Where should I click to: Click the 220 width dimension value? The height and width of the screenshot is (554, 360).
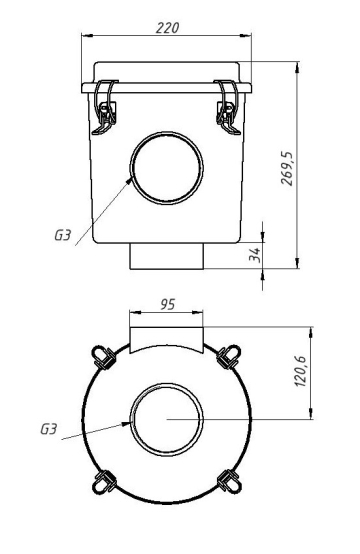(x=167, y=28)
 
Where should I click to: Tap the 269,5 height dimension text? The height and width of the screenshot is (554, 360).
(x=287, y=169)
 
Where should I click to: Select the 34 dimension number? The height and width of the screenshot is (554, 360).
(x=254, y=255)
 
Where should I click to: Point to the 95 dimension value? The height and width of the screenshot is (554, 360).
(x=167, y=304)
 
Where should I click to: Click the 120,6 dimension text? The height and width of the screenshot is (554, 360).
(x=300, y=371)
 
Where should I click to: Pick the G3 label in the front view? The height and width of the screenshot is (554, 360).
(x=63, y=235)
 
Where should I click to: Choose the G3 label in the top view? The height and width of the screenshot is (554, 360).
(x=48, y=429)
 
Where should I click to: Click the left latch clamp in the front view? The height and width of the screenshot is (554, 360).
(x=105, y=107)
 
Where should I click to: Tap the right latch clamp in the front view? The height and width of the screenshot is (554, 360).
(x=229, y=107)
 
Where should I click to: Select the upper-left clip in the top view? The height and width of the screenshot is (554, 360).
(x=103, y=357)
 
